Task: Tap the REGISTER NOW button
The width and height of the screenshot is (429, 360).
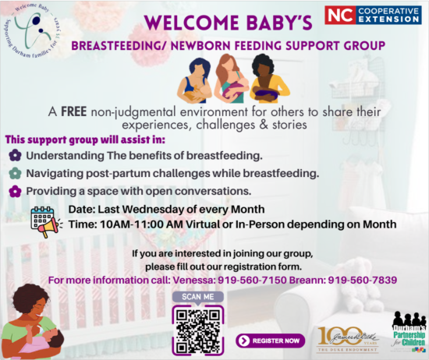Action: [x=270, y=341]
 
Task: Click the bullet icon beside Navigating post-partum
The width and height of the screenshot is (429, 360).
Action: [x=14, y=174]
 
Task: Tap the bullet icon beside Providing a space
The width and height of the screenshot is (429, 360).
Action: [x=14, y=191]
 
